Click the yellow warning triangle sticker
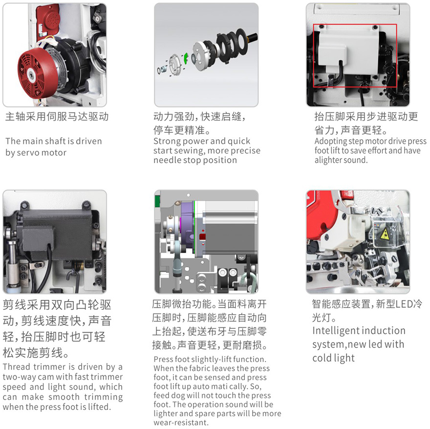click(x=385, y=234)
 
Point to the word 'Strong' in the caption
click(x=167, y=141)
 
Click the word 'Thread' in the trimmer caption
click(x=17, y=367)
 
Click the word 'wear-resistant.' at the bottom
click(x=181, y=423)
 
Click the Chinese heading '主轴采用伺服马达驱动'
click(x=57, y=117)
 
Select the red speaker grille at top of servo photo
click(x=48, y=18)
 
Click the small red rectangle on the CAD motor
click(x=202, y=237)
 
